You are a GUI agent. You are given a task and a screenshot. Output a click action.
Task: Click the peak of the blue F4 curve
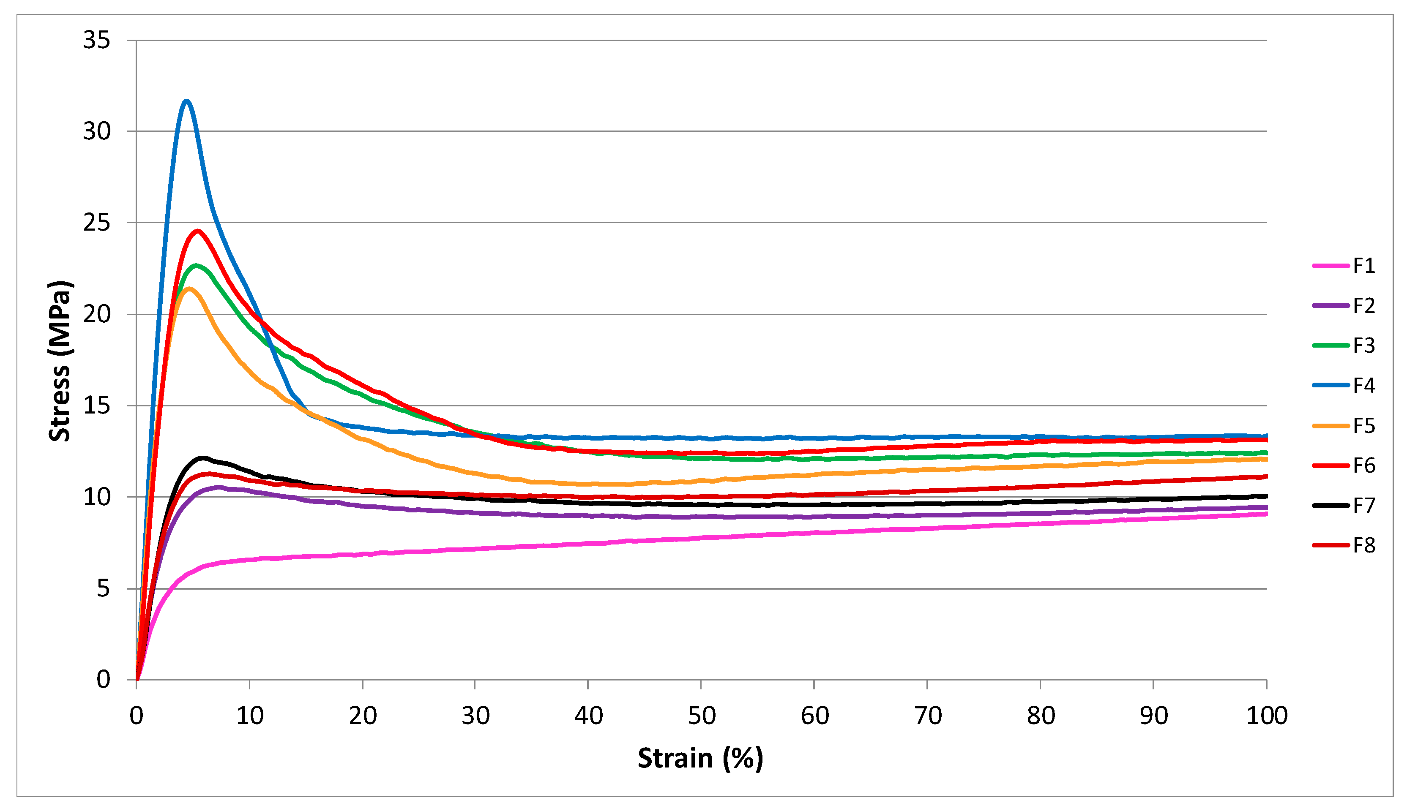[186, 101]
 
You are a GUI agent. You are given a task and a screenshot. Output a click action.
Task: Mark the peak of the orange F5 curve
[189, 288]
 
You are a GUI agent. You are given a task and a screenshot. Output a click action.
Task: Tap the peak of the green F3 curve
[196, 265]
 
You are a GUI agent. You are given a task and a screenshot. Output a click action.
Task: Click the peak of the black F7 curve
[203, 458]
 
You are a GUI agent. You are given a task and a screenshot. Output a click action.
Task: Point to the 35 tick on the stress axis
[96, 40]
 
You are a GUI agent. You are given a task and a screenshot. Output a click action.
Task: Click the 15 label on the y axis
[96, 405]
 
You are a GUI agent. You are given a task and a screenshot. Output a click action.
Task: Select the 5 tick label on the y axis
[103, 588]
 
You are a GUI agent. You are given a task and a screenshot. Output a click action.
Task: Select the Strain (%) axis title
[700, 758]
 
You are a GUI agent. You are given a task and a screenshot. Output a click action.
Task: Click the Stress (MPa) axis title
[60, 361]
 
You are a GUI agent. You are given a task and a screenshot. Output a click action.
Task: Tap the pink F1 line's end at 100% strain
[1266, 514]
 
